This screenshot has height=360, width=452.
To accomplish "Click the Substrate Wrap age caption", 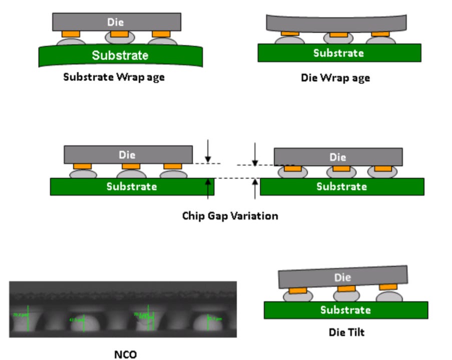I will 114,77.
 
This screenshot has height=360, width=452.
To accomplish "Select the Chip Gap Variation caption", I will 230,216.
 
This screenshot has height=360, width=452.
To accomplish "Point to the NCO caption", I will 125,354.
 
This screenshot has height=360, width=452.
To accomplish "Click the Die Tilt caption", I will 346,331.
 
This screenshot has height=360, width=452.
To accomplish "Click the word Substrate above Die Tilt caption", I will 345,310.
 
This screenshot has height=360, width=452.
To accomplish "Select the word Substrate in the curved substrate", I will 120,55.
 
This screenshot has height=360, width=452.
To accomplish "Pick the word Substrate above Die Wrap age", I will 338,53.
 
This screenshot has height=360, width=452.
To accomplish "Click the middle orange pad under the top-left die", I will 119,34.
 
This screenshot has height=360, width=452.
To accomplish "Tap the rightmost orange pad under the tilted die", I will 388,287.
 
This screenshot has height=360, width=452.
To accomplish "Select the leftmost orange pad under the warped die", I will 290,33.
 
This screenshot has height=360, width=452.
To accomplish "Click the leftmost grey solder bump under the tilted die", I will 298,296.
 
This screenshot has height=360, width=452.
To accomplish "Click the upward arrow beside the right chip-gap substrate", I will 255,188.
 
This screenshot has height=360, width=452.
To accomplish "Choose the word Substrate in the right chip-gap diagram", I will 341,186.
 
